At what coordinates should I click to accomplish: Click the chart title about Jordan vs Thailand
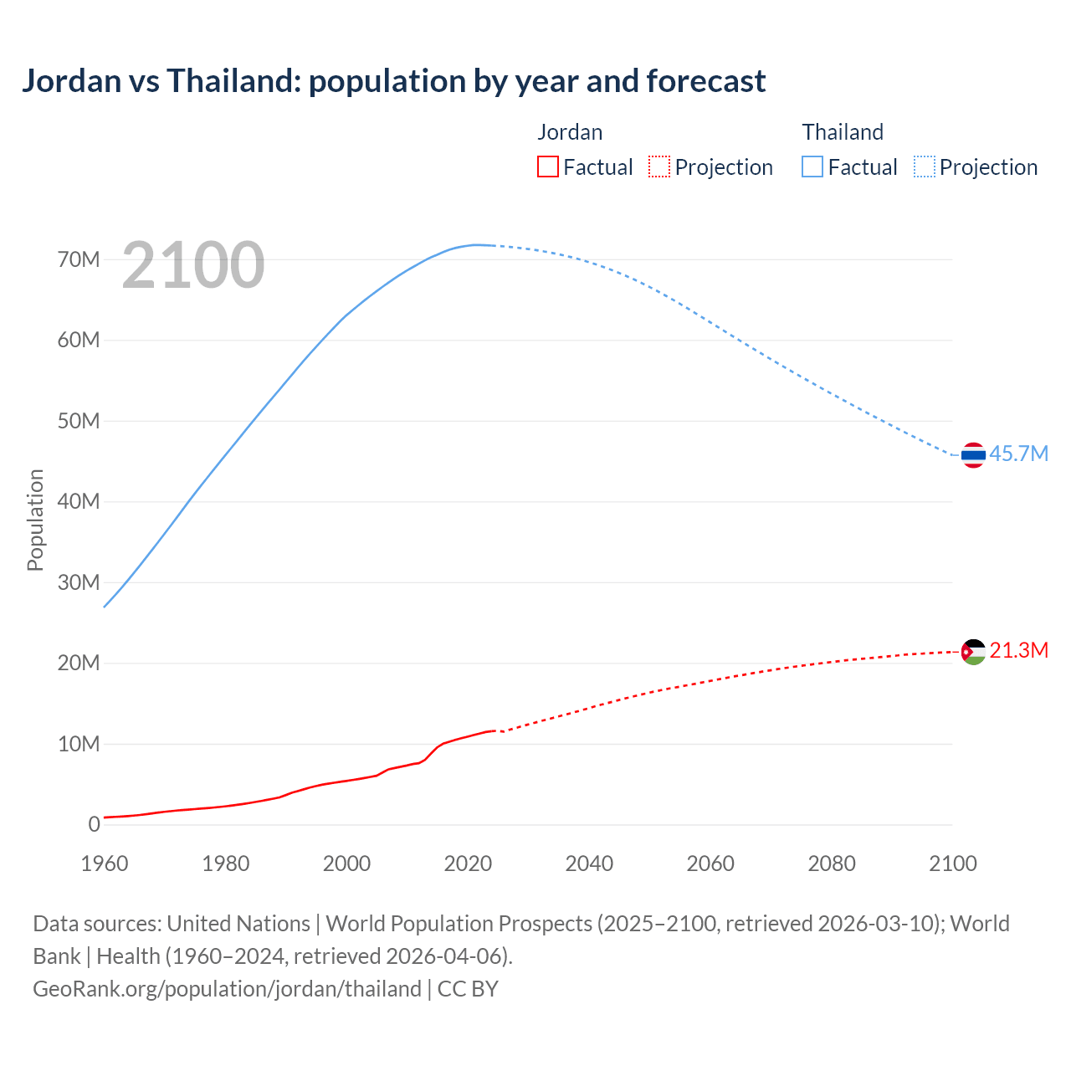click(x=393, y=81)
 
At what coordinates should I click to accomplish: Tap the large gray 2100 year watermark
click(x=193, y=265)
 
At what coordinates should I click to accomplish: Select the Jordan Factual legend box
click(x=548, y=167)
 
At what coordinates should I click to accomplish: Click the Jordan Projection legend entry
click(x=710, y=167)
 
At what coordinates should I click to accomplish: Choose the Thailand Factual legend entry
click(x=849, y=167)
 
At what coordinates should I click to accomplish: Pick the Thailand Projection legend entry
click(x=976, y=167)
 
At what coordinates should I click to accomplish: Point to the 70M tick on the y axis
click(x=79, y=259)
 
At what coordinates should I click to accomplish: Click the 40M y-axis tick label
click(x=79, y=501)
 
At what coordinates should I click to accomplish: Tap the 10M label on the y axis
click(x=79, y=744)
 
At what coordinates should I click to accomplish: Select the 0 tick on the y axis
click(x=94, y=824)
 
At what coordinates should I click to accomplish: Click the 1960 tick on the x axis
click(x=105, y=863)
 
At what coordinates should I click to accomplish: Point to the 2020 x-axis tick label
click(x=468, y=863)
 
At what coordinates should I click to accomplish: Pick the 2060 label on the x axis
click(x=710, y=863)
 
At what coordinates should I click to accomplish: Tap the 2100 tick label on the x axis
click(x=952, y=863)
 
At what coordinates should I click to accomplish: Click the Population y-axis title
click(x=35, y=520)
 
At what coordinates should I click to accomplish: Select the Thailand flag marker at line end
click(x=973, y=455)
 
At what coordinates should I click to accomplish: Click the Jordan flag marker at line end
click(x=973, y=652)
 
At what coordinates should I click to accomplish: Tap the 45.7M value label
click(x=1018, y=454)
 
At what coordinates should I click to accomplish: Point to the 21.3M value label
click(x=1018, y=650)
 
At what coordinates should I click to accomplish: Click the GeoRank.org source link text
click(x=227, y=989)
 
